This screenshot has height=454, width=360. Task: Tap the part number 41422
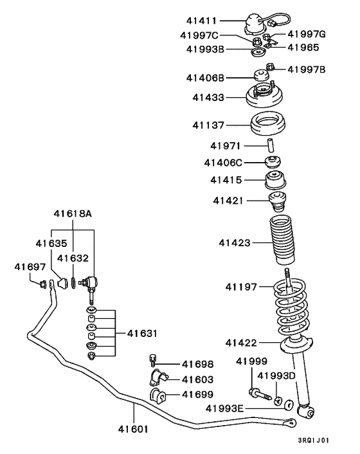[242, 343]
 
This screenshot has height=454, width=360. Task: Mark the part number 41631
[142, 333]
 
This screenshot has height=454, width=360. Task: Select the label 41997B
[307, 69]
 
